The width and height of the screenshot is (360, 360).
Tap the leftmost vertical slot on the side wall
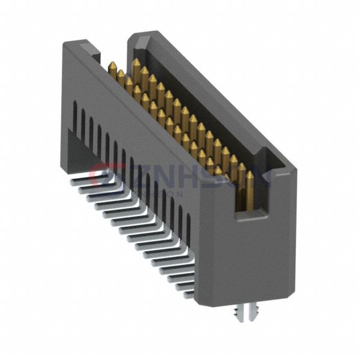(x=74, y=114)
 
